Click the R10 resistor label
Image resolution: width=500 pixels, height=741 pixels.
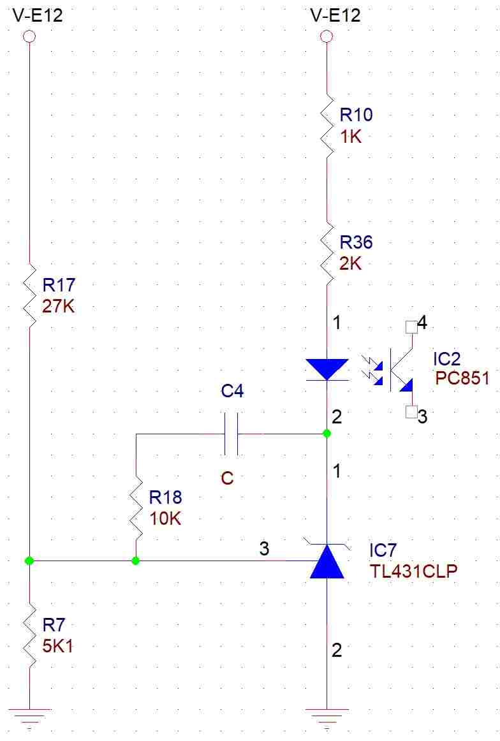[x=357, y=114]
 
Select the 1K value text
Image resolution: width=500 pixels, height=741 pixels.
[x=351, y=136]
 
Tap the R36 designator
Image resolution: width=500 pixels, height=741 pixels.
[x=357, y=242]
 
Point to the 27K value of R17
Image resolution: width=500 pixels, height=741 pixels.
[x=59, y=306]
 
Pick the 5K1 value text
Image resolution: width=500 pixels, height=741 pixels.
[x=58, y=645]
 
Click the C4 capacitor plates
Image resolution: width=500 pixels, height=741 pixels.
[x=231, y=434]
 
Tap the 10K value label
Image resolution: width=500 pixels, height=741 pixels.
[x=165, y=518]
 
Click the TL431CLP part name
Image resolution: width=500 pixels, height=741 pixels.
[x=414, y=571]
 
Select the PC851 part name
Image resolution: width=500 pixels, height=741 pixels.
[x=462, y=378]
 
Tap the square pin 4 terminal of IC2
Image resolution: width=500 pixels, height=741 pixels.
[x=411, y=326]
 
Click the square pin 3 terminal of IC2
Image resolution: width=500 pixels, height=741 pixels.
[x=411, y=412]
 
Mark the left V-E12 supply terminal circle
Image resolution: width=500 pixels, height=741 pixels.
[x=29, y=36]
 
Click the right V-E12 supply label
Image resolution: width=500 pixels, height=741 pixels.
[x=335, y=15]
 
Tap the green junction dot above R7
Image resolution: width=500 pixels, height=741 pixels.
[x=29, y=561]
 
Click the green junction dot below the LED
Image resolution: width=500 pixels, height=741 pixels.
[x=327, y=434]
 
